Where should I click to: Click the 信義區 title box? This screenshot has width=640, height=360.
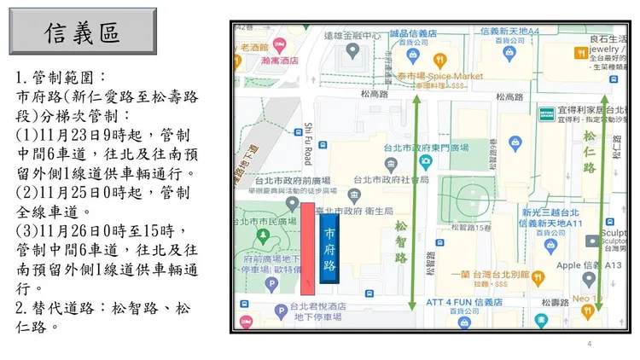click(x=82, y=34)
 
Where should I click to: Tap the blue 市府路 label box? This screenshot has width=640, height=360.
click(x=329, y=249)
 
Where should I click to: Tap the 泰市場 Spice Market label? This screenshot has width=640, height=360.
click(x=444, y=76)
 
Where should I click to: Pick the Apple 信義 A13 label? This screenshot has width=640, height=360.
click(x=589, y=264)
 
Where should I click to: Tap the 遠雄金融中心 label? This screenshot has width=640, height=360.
click(x=353, y=36)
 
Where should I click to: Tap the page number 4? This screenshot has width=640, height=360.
click(x=589, y=344)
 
